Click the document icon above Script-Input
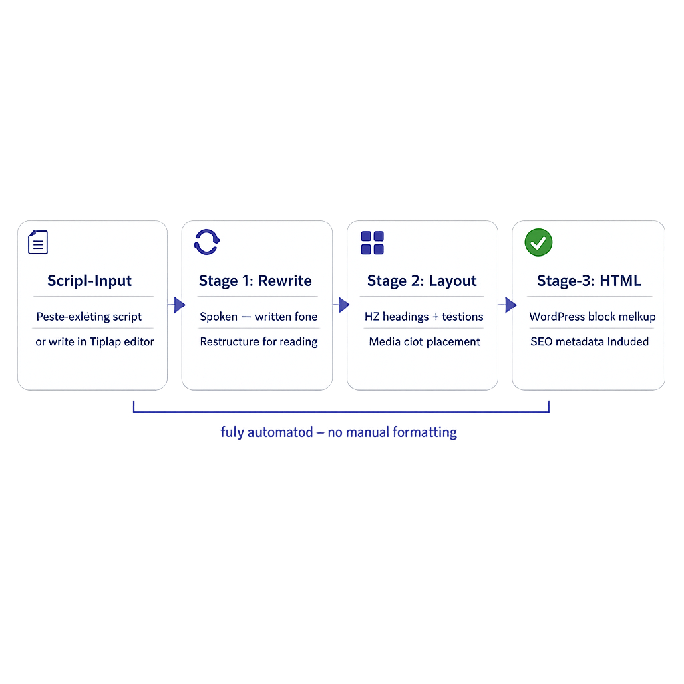tap(38, 242)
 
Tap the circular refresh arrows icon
tap(206, 242)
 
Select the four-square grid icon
tap(372, 242)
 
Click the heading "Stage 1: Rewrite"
tap(255, 281)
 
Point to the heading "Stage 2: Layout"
tap(422, 281)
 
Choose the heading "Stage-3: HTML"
tap(588, 281)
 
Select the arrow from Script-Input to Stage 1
tap(177, 305)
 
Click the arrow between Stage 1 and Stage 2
tap(342, 305)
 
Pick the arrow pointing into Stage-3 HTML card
tap(508, 305)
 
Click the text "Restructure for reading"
tap(259, 342)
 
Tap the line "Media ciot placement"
tap(424, 342)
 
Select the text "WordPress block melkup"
tap(592, 317)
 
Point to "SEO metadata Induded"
tap(589, 342)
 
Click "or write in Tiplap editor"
tap(95, 342)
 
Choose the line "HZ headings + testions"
tap(423, 317)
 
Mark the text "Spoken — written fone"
tap(259, 317)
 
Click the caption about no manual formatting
tap(339, 432)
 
